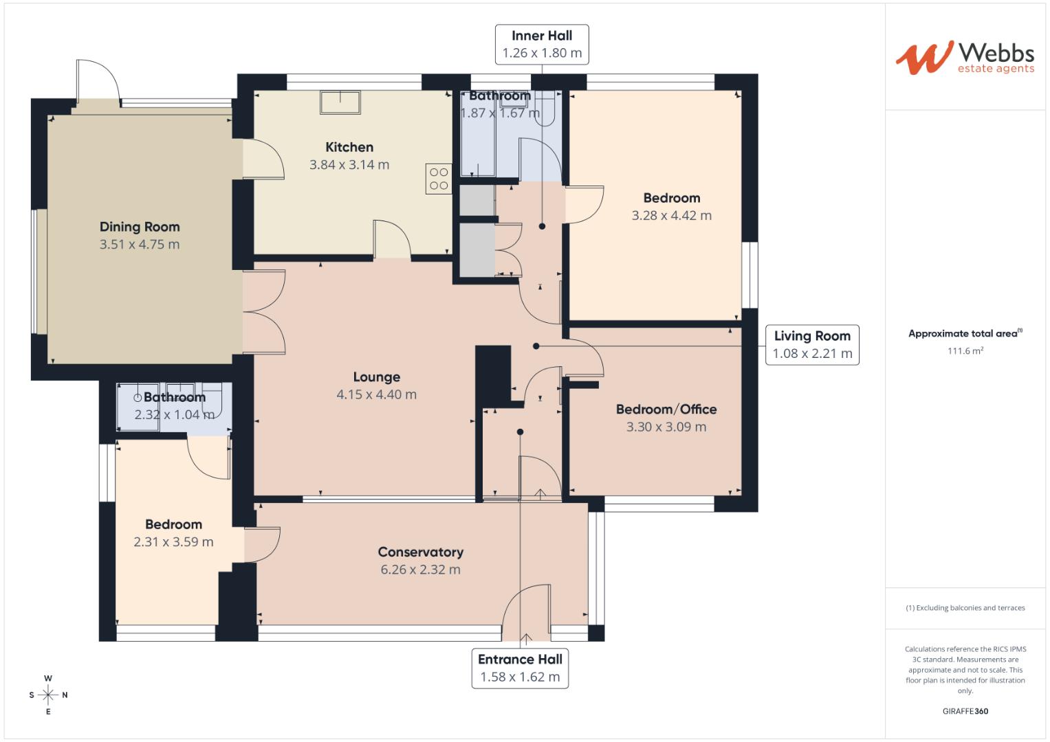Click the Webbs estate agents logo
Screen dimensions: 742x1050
pos(964,57)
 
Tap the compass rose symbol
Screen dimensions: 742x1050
pos(48,695)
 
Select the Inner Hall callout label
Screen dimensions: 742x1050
pos(542,44)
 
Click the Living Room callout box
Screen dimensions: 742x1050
pos(812,344)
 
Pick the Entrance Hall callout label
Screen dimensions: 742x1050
pos(520,668)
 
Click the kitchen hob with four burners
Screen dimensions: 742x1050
pos(439,179)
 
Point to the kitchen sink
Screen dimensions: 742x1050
pos(340,102)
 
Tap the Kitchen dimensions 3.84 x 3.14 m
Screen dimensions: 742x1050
pos(349,165)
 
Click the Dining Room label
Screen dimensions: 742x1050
pos(140,227)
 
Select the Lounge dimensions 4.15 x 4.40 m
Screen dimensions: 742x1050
pos(376,394)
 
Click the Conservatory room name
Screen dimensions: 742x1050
pos(420,552)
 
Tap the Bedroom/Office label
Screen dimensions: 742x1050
pos(666,409)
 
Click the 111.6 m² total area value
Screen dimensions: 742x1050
pos(965,351)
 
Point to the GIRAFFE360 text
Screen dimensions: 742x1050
pos(965,711)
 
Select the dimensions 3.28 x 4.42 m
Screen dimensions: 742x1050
pos(671,216)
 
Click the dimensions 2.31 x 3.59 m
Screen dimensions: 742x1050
pos(173,542)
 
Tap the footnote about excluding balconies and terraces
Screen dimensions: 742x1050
pos(965,608)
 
